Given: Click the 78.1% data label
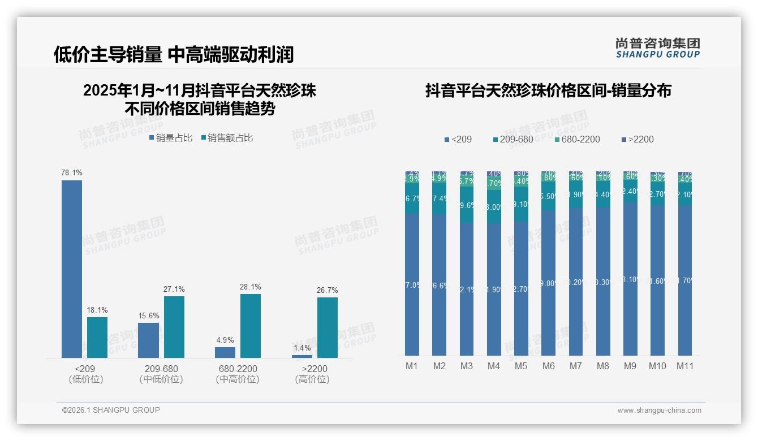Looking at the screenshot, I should tap(72, 172).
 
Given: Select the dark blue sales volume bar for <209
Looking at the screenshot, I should tap(72, 269).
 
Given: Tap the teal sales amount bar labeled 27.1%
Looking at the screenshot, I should tap(174, 327).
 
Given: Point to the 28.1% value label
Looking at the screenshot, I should tap(251, 287).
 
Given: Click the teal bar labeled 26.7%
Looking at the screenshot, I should tap(328, 327).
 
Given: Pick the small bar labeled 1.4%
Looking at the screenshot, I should tap(302, 356).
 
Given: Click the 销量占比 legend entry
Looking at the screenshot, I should tap(171, 138).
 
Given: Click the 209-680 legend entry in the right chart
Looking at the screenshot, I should tap(513, 139).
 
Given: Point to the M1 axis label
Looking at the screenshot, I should tap(412, 366).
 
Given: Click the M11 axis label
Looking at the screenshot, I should tap(685, 366).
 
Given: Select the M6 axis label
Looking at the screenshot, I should tap(549, 366).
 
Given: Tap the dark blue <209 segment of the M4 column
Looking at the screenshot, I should tap(494, 288).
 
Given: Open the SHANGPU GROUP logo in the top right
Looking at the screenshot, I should tap(658, 48).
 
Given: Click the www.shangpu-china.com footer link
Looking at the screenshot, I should tap(659, 410).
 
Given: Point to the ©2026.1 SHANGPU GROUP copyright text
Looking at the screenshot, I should tap(111, 410).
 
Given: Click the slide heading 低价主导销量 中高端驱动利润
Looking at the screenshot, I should tap(174, 54).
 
